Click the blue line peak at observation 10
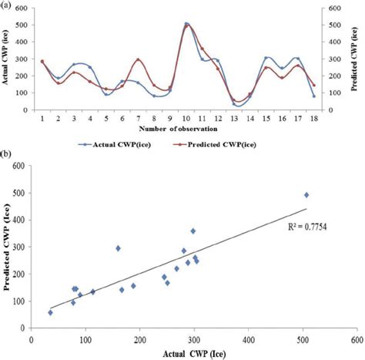coord(186,24)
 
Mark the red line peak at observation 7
coord(138,59)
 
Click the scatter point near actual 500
coord(306,195)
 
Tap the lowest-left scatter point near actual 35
coord(51,312)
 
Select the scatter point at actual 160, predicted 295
coord(118,248)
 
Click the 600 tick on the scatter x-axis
coord(357,338)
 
